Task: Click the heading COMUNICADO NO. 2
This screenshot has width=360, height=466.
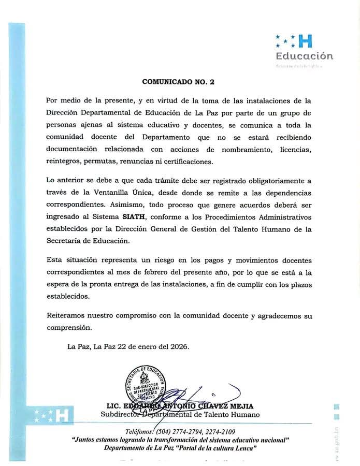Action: coord(178,82)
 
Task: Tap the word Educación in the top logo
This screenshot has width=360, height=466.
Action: coord(304,56)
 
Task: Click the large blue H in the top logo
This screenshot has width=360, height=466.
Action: coord(306,41)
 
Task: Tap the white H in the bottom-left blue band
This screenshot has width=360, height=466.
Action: coord(61,414)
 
